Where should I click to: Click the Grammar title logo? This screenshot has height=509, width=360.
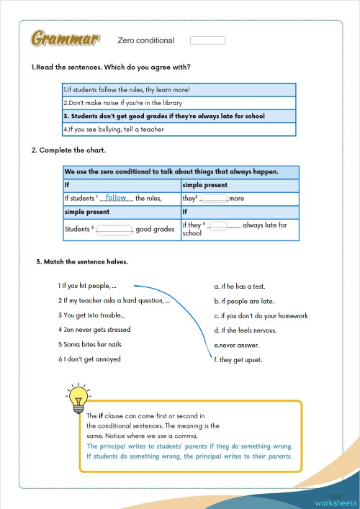(x=66, y=39)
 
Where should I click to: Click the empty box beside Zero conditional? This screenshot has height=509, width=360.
(x=207, y=40)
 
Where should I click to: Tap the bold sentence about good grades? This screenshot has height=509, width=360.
(x=164, y=116)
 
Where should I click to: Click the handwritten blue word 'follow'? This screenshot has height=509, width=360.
(x=116, y=197)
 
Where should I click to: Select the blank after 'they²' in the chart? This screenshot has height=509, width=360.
(x=214, y=198)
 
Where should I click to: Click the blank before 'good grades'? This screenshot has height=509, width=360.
(x=114, y=230)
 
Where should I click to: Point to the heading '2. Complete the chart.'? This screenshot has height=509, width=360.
(x=69, y=150)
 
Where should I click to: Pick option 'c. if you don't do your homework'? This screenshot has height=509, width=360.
(x=261, y=315)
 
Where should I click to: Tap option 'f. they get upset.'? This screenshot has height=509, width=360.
(x=238, y=359)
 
